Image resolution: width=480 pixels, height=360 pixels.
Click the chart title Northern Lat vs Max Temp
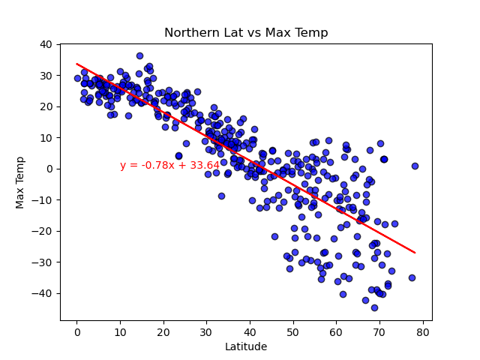[246, 33]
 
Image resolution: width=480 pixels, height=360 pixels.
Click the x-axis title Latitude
[246, 346]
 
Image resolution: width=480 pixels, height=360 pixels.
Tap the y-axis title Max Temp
[20, 182]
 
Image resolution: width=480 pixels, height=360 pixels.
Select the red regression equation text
[169, 166]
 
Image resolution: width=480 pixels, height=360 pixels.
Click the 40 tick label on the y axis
[46, 44]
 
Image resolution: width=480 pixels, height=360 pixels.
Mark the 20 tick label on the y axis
[46, 106]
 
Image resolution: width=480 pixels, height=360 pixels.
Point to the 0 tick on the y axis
[49, 169]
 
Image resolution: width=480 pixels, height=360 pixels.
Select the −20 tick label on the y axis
[43, 231]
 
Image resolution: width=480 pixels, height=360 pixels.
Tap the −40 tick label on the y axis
[43, 293]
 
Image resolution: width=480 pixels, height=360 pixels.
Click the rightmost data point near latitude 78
[415, 166]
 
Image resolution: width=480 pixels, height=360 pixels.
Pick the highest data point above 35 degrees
[139, 55]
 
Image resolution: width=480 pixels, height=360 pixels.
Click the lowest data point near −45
[374, 307]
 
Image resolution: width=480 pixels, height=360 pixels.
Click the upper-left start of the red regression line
[77, 64]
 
